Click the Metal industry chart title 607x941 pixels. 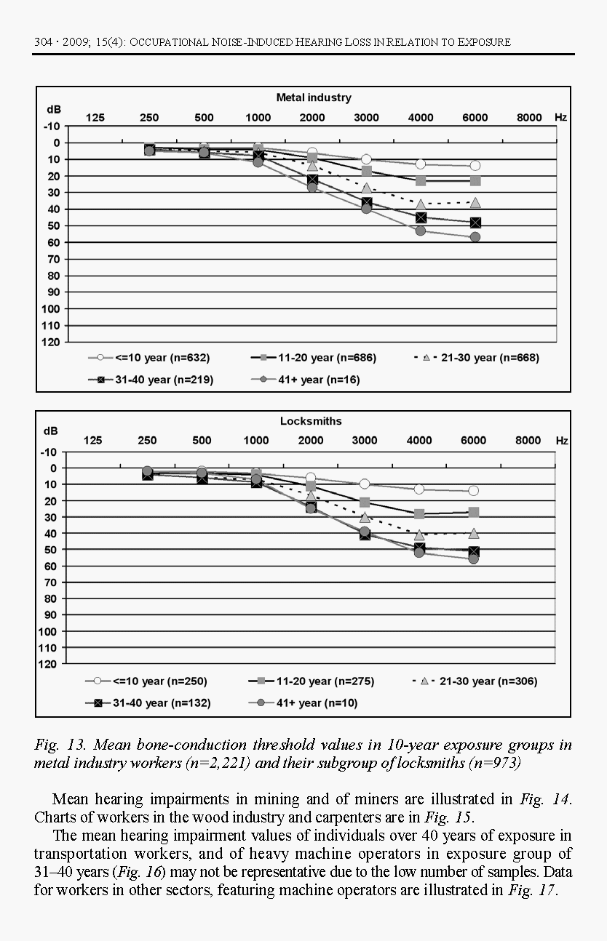tap(313, 97)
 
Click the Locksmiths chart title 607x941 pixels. tap(311, 421)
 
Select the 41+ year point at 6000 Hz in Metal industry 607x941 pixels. tap(475, 237)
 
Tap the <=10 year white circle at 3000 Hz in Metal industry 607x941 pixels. tap(366, 159)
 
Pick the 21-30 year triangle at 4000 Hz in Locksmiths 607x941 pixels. tap(419, 534)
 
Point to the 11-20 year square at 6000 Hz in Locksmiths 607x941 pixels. tap(474, 512)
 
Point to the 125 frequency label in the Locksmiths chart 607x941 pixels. tap(93, 440)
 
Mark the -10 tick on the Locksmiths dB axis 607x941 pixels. tap(52, 452)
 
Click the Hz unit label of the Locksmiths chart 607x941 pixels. tap(561, 441)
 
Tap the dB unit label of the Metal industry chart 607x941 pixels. tap(54, 109)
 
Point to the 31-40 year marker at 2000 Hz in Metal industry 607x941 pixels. tap(312, 180)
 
